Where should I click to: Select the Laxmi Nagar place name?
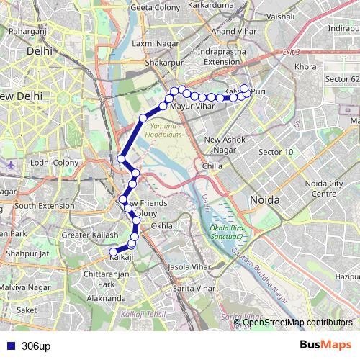pyautogui.click(x=149, y=43)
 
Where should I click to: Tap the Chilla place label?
pyautogui.click(x=212, y=166)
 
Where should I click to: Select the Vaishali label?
pyautogui.click(x=280, y=14)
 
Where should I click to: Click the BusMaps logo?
pyautogui.click(x=325, y=346)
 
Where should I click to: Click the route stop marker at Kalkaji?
pyautogui.click(x=113, y=252)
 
